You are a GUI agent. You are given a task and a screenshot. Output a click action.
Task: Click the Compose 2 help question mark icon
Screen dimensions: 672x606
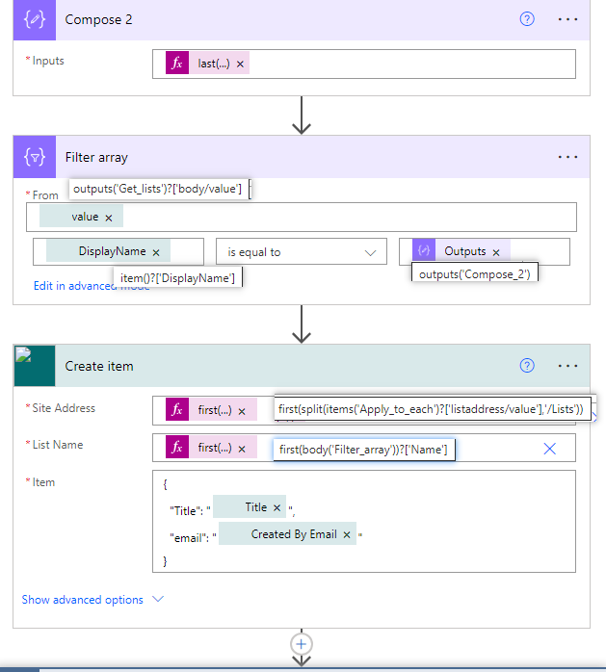pos(527,19)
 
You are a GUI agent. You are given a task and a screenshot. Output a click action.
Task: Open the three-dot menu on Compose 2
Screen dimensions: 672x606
pos(567,19)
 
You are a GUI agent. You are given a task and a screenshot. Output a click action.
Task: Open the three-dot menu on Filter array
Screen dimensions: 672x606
pos(567,157)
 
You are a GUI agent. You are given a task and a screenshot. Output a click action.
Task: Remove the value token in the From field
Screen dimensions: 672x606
pos(108,218)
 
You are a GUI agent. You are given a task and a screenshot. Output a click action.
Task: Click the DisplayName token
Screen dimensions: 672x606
pos(113,251)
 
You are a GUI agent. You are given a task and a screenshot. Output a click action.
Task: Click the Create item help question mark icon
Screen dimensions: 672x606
pos(527,366)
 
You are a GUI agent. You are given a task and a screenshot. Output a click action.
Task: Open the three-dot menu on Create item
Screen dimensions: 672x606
pos(567,366)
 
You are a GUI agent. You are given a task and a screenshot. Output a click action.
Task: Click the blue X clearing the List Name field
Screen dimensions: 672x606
pos(550,449)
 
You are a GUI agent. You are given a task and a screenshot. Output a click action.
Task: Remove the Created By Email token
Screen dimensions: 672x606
pos(347,534)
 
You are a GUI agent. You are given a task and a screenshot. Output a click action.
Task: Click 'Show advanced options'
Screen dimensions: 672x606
pos(83,600)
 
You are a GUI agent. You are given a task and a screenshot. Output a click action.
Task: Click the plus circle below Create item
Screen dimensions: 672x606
pos(302,643)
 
